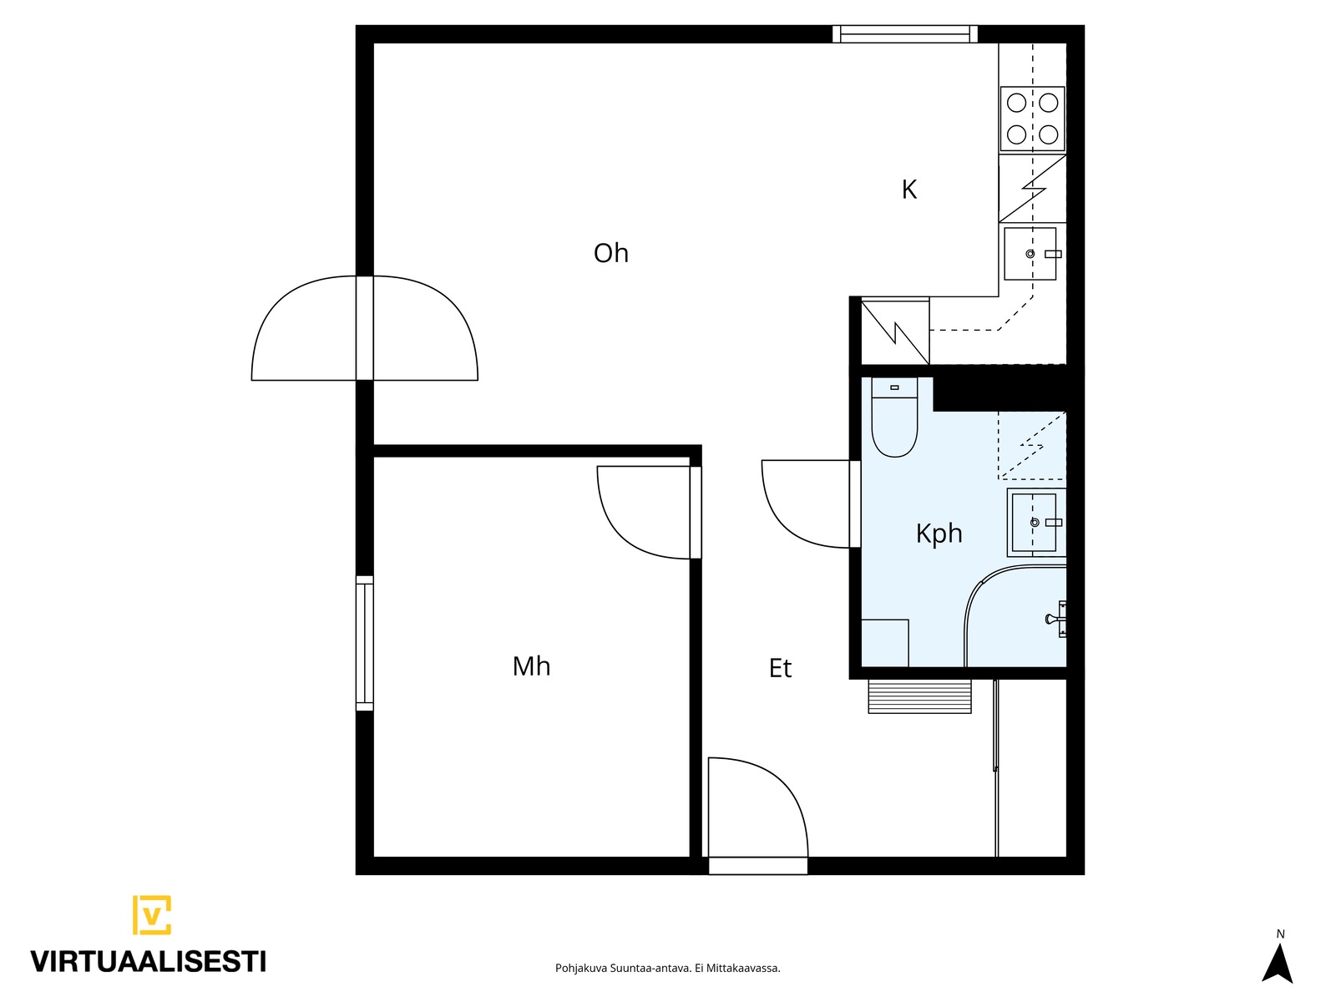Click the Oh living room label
click(610, 253)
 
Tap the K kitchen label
click(908, 190)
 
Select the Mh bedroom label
click(531, 666)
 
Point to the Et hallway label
click(780, 668)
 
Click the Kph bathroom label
click(939, 534)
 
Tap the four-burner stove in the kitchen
click(1032, 119)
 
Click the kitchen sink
click(1030, 254)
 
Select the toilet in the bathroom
click(894, 417)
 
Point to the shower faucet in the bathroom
click(1056, 619)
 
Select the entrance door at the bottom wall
click(758, 865)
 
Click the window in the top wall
click(905, 34)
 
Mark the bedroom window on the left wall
click(365, 643)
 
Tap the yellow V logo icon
click(152, 914)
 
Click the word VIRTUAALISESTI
click(149, 962)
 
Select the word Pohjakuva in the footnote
click(581, 969)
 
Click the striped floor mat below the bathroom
click(919, 696)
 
